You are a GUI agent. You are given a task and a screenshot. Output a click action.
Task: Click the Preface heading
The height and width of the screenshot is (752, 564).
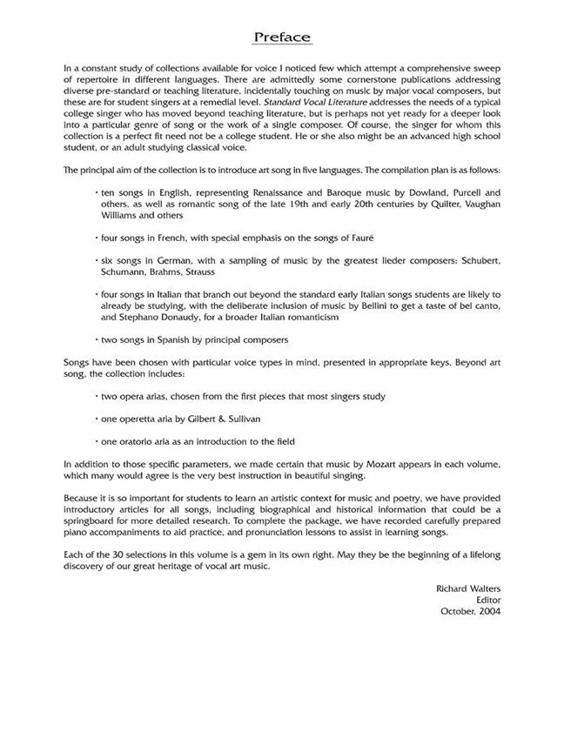coord(282,37)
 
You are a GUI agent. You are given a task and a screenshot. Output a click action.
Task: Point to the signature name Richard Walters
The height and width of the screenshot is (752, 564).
coord(467,589)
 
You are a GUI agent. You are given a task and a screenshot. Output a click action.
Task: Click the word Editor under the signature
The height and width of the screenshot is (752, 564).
coord(487,601)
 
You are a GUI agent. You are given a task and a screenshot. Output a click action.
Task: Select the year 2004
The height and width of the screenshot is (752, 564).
coord(487,612)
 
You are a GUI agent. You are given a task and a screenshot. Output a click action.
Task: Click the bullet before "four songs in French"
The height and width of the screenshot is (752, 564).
coord(95,238)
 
